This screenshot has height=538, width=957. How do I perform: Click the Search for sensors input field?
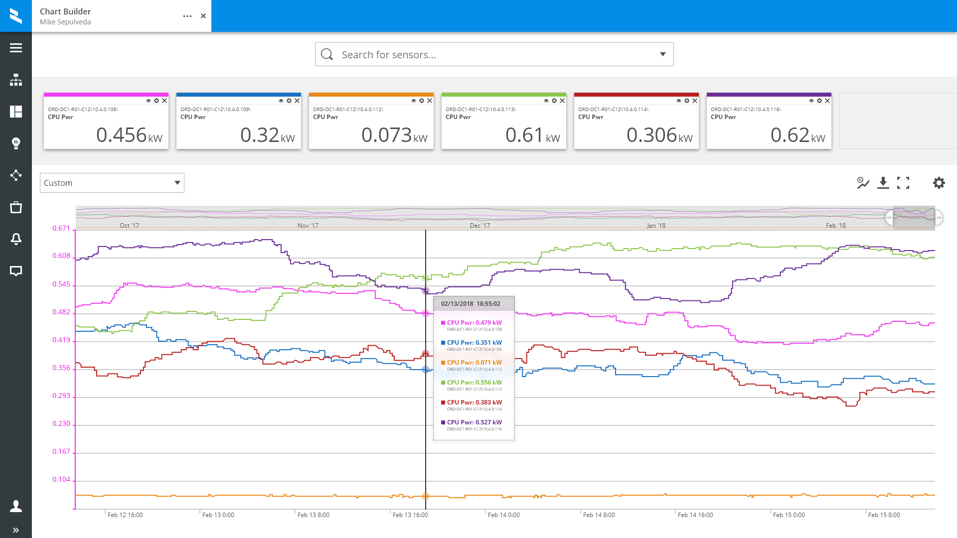coord(493,55)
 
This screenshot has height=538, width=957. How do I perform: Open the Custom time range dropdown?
coord(112,183)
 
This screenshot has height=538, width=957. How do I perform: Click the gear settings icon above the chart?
coord(939,183)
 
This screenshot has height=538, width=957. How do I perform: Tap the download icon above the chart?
coord(883,183)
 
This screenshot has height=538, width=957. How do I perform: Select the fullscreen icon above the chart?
coord(903,183)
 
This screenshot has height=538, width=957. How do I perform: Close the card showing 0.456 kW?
coord(164,101)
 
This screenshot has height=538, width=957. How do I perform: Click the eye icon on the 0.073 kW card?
coord(413,101)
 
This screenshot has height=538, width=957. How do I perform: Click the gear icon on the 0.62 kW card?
coord(819,101)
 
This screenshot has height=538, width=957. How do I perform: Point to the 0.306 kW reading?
coord(659,135)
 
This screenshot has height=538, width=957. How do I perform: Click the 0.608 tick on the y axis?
coord(61,256)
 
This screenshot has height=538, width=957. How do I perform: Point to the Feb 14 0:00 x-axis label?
coord(503,515)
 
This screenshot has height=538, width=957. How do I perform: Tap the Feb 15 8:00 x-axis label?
coord(884,515)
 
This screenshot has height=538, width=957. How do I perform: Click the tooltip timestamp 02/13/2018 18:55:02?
coord(471,304)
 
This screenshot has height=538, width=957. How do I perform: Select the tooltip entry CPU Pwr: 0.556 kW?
coord(474,383)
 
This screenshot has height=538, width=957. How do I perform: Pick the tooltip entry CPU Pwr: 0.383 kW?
coord(474,403)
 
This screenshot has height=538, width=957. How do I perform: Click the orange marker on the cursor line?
coord(426,496)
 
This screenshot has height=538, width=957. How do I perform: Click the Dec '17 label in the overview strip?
coord(479,226)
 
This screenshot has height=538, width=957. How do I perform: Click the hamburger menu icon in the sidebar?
coord(16,48)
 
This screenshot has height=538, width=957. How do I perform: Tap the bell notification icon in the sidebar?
coord(16,239)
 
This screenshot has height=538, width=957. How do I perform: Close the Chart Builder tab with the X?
coord(203,16)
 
